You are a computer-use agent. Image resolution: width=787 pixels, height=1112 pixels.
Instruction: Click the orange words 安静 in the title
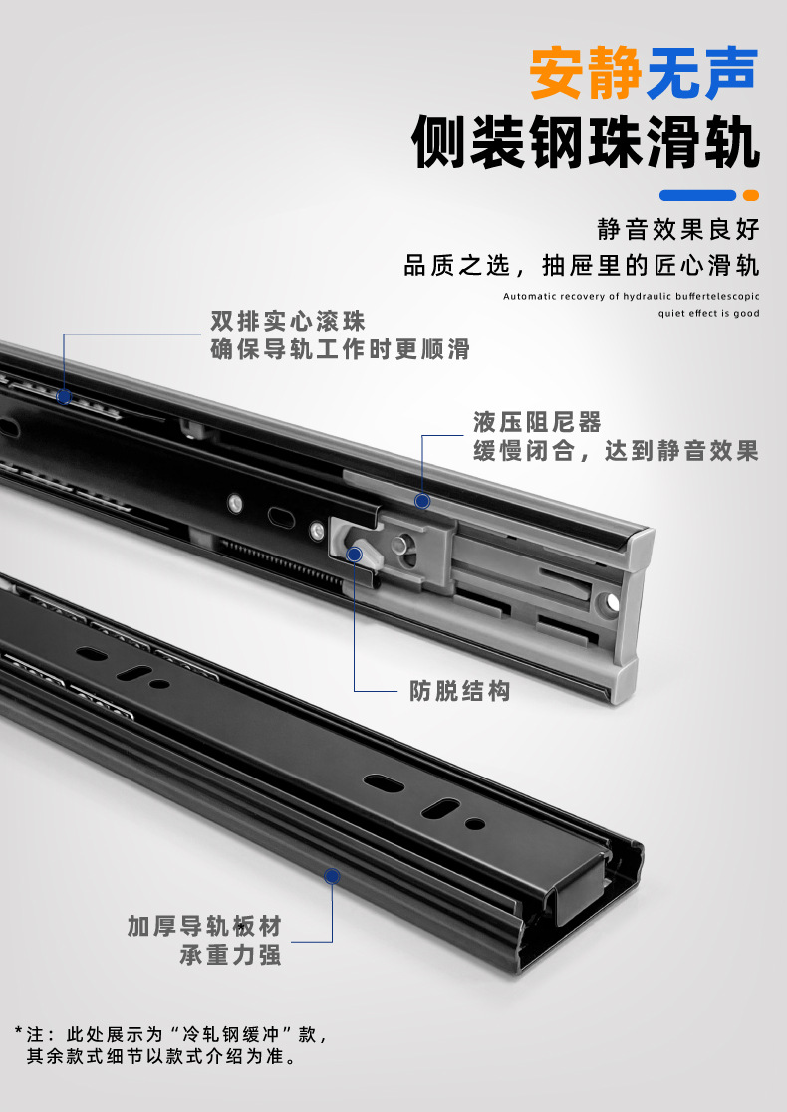coord(586,73)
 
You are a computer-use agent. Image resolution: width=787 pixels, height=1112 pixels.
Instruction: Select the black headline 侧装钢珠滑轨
coord(586,141)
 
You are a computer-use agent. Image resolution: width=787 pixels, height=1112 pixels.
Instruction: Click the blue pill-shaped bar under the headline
coord(698,195)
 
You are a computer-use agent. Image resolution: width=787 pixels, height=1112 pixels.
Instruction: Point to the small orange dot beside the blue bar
coord(751,195)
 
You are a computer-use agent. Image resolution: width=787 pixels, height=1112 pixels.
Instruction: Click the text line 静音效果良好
coord(678,229)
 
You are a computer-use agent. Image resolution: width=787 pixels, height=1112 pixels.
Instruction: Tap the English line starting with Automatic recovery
coord(632,296)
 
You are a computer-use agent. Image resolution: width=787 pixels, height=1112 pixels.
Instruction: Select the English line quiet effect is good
coord(708,313)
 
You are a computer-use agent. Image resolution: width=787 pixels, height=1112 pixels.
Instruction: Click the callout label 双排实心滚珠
coord(288,321)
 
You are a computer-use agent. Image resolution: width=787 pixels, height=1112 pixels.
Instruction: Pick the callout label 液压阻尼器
coord(537,422)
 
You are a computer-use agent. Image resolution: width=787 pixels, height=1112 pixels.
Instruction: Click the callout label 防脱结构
coord(460,691)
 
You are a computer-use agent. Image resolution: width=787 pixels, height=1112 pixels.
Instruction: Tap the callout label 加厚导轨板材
coord(204,926)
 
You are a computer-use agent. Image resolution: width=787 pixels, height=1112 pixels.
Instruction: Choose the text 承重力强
coord(231,955)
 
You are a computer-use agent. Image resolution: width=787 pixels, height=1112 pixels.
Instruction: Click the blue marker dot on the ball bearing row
coord(64,396)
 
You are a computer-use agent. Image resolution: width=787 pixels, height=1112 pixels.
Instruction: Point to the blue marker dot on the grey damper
coord(422,502)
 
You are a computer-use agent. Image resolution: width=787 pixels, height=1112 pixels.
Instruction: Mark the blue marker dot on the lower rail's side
coord(332,876)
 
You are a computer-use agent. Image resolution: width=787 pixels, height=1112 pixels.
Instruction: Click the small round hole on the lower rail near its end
coord(475,824)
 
